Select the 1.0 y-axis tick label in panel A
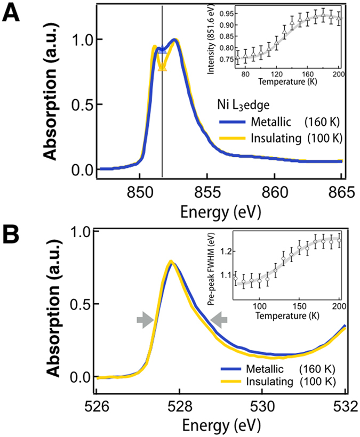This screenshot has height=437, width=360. click(74, 41)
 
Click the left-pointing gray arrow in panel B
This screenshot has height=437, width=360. click(219, 320)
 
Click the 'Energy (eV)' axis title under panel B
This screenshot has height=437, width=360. click(220, 426)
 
